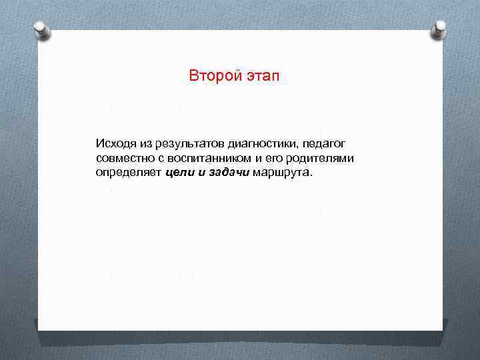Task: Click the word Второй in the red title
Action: (211, 75)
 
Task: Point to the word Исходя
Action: (115, 143)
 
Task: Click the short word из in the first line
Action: (146, 143)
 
